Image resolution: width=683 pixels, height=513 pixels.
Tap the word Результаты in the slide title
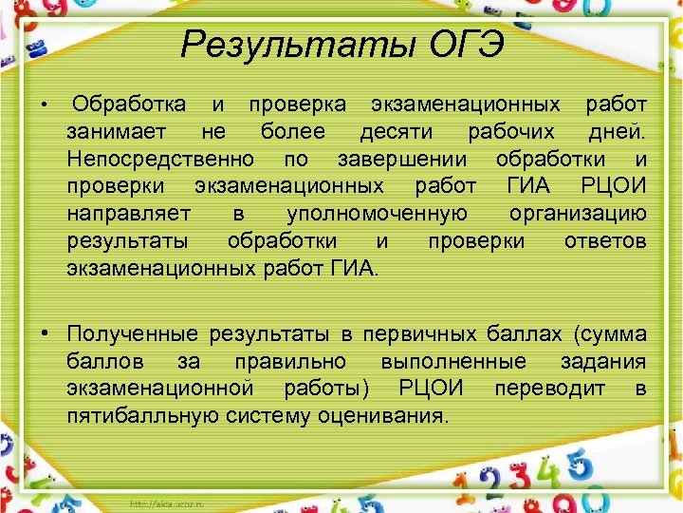pos(284,44)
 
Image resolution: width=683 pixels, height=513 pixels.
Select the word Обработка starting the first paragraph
pos(129,103)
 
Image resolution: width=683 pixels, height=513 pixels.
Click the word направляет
pos(128,213)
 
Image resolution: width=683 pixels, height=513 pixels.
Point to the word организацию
pos(578,213)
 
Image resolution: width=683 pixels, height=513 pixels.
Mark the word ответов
pos(605,240)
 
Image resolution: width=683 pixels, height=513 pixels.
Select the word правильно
pos(299,361)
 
